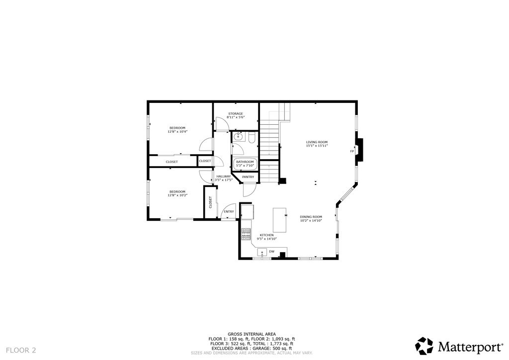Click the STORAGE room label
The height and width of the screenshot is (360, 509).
pyautogui.click(x=236, y=114)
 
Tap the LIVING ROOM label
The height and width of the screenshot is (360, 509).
pyautogui.click(x=317, y=142)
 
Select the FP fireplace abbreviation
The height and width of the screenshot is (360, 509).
pyautogui.click(x=352, y=151)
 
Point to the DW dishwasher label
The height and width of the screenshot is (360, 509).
pyautogui.click(x=271, y=252)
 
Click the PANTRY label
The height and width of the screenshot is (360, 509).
pyautogui.click(x=248, y=177)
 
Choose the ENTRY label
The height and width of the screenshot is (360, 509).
pyautogui.click(x=229, y=212)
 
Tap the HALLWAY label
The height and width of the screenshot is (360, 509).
pyautogui.click(x=223, y=177)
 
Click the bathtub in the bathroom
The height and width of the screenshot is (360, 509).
pyautogui.click(x=245, y=164)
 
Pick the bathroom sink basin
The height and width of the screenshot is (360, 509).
pyautogui.click(x=238, y=135)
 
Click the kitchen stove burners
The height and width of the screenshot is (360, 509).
pyautogui.click(x=245, y=234)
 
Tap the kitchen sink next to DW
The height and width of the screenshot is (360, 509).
pyautogui.click(x=261, y=253)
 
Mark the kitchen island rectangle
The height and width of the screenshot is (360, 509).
pyautogui.click(x=280, y=220)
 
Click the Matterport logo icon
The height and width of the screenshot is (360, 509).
pyautogui.click(x=424, y=346)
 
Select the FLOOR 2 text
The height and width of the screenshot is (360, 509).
pyautogui.click(x=21, y=350)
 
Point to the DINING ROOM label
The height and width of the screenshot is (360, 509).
pyautogui.click(x=311, y=217)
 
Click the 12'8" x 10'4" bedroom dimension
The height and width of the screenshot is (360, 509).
pyautogui.click(x=177, y=132)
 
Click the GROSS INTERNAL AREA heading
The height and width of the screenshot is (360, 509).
pyautogui.click(x=252, y=334)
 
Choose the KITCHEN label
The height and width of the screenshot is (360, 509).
pyautogui.click(x=266, y=235)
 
